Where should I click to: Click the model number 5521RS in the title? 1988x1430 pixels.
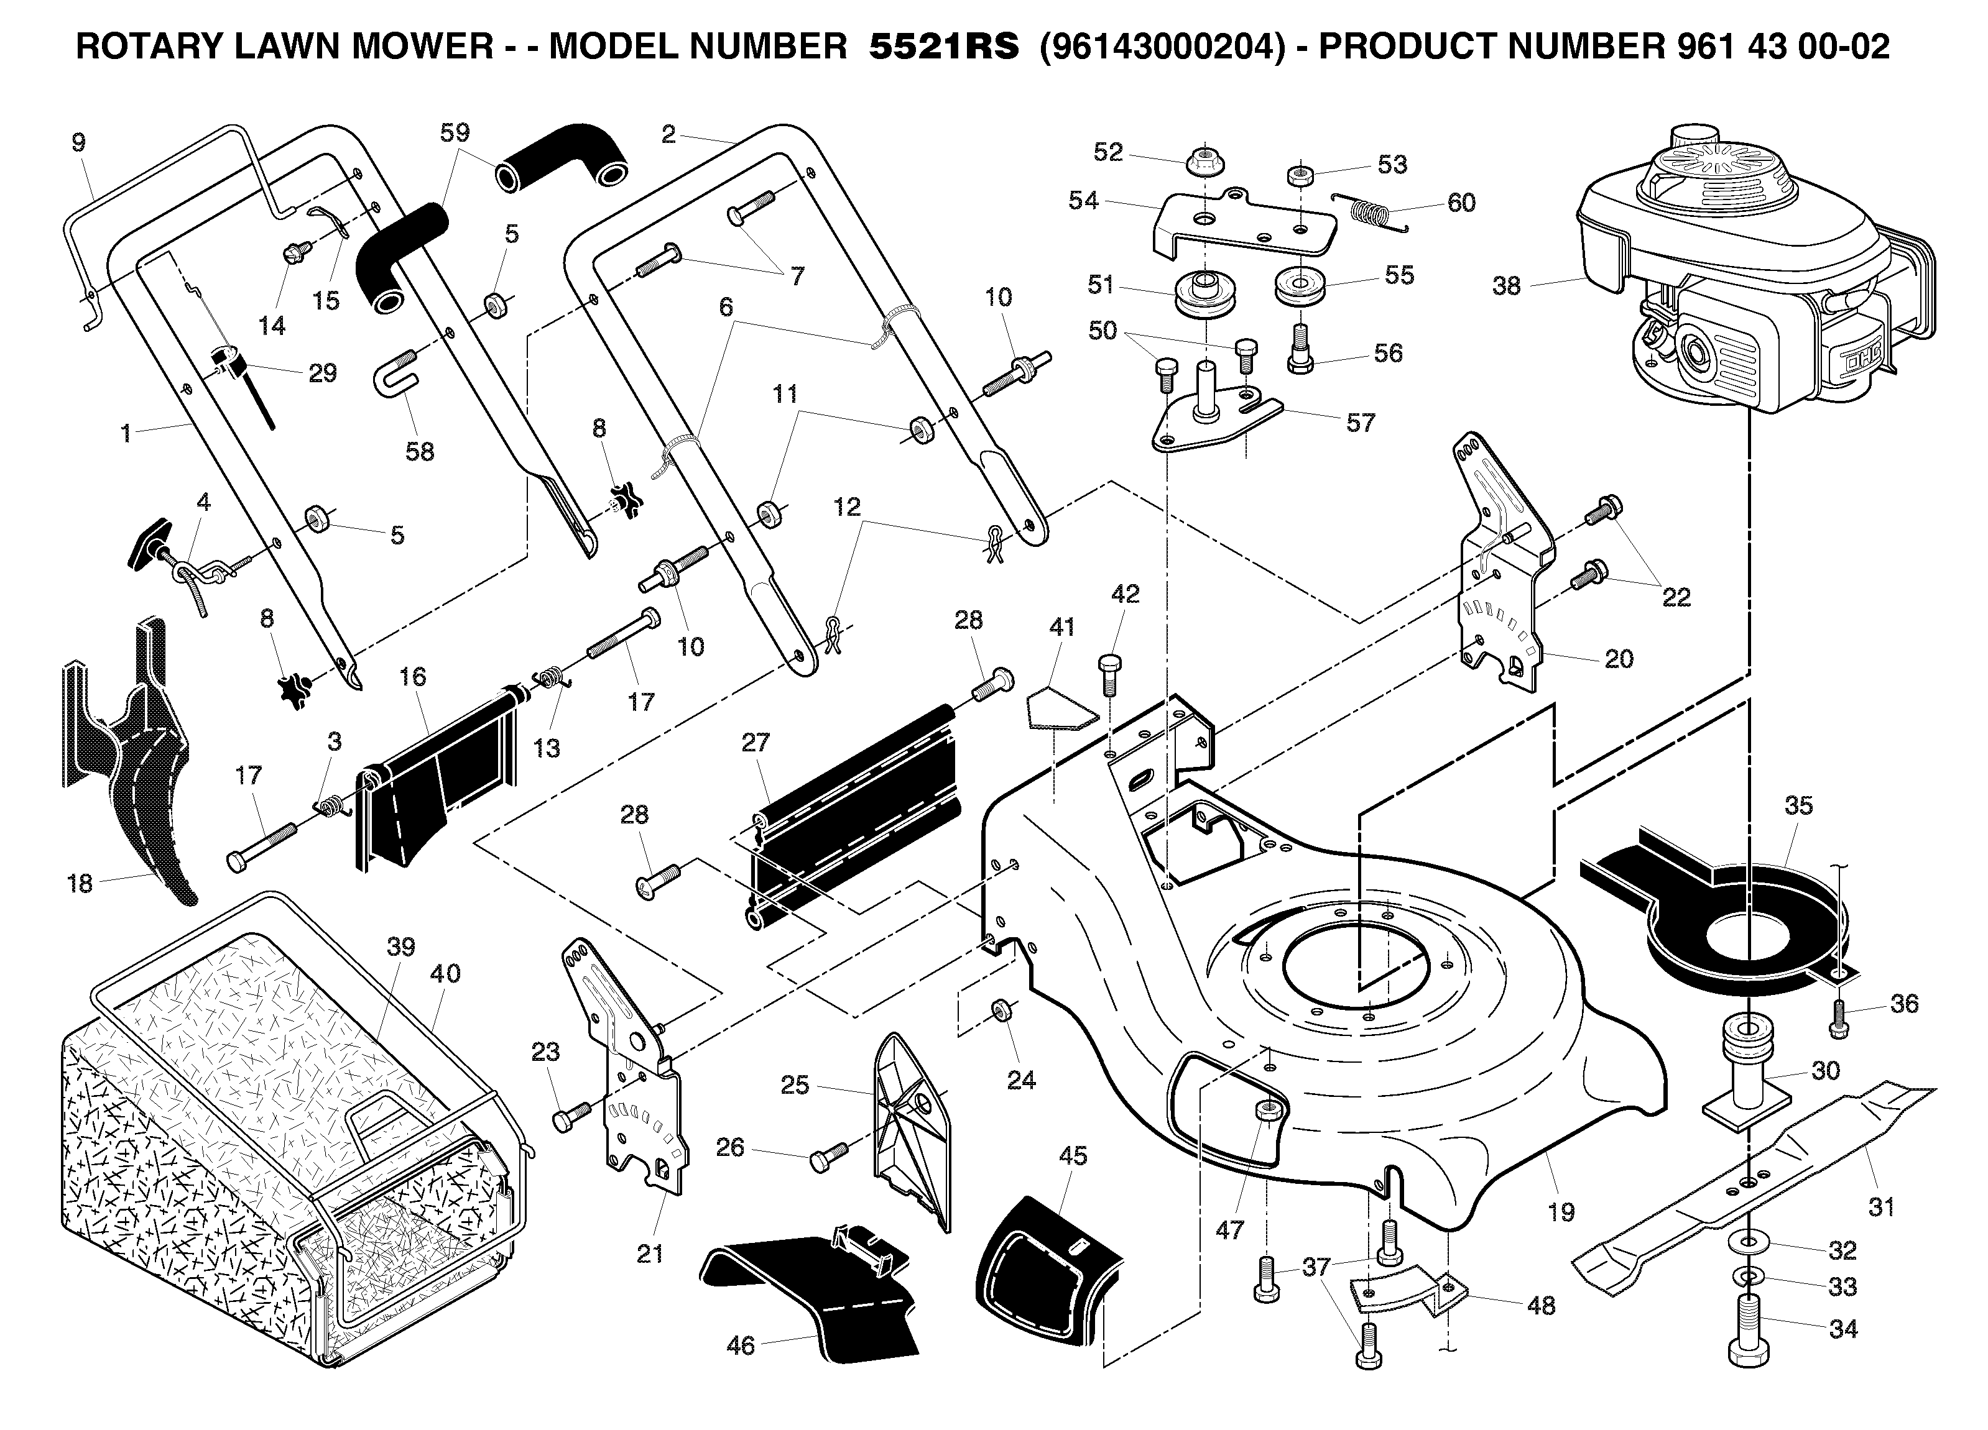pos(944,47)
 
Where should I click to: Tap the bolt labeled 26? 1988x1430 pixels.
pos(828,1157)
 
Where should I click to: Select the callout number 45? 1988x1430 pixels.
pos(1072,1156)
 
